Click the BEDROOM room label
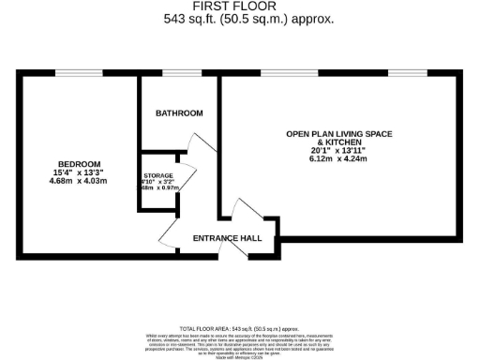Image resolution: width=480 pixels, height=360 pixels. click(x=79, y=164)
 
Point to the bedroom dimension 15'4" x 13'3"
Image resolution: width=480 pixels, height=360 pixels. click(x=79, y=172)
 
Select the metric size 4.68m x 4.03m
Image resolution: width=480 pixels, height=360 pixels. click(x=79, y=181)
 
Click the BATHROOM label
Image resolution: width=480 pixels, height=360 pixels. click(x=179, y=113)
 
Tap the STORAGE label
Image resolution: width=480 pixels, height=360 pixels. click(x=158, y=176)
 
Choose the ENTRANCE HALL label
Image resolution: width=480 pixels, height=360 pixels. click(x=227, y=238)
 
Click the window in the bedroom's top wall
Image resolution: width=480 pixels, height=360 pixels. click(x=79, y=73)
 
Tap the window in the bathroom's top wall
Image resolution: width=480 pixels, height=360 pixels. click(x=179, y=73)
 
